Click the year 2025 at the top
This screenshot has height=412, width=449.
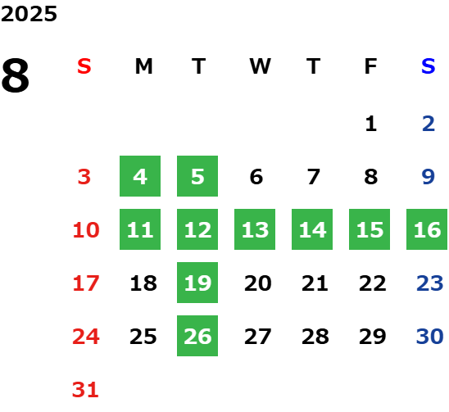tap(29, 14)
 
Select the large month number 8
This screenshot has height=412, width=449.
tap(16, 75)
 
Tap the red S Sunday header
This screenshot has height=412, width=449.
tap(84, 66)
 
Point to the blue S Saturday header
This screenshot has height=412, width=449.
tap(428, 66)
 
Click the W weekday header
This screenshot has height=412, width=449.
tap(260, 66)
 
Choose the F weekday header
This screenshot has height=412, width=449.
tap(370, 66)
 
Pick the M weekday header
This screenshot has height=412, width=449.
tap(143, 66)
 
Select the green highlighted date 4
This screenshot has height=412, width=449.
tap(140, 176)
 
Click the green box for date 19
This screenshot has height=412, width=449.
tap(197, 283)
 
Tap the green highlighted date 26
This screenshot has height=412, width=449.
tap(197, 336)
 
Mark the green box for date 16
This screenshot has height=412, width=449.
tap(427, 229)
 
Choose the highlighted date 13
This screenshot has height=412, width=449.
tap(255, 229)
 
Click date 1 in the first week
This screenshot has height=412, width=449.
tap(371, 124)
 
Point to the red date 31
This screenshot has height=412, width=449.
tap(85, 390)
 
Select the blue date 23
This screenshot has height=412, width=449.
tap(430, 283)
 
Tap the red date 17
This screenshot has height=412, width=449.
tap(86, 283)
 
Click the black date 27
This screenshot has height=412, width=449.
tap(258, 337)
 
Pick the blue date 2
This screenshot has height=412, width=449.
tap(429, 124)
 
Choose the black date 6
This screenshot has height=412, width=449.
tap(256, 177)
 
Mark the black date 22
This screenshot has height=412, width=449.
tap(373, 283)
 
